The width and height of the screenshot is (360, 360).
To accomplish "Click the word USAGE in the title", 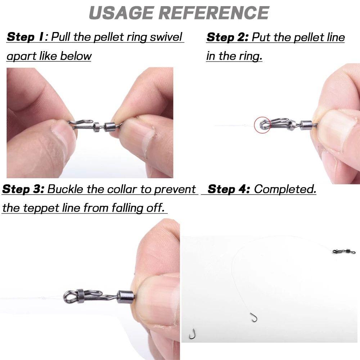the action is [121, 13].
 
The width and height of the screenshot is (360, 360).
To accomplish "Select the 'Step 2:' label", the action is [227, 37].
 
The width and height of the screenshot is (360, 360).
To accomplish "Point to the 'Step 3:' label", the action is [23, 189].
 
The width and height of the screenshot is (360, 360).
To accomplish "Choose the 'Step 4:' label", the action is [229, 189].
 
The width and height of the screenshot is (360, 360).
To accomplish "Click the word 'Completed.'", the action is [285, 189].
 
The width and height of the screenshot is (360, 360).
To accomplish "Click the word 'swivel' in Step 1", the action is [166, 37].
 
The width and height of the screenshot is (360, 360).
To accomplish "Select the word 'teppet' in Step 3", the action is [41, 208].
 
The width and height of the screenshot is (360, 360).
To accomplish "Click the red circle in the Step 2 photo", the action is [262, 125].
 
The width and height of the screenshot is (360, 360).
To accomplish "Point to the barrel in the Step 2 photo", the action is [306, 125].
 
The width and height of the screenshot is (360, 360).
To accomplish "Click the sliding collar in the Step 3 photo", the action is [81, 296].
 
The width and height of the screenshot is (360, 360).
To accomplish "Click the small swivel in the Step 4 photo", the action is [344, 251].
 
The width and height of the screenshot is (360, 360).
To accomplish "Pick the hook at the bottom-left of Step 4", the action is [192, 334].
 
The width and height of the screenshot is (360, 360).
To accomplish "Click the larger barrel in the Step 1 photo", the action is [110, 126].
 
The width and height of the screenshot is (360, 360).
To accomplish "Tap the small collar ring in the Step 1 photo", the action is [97, 126].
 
